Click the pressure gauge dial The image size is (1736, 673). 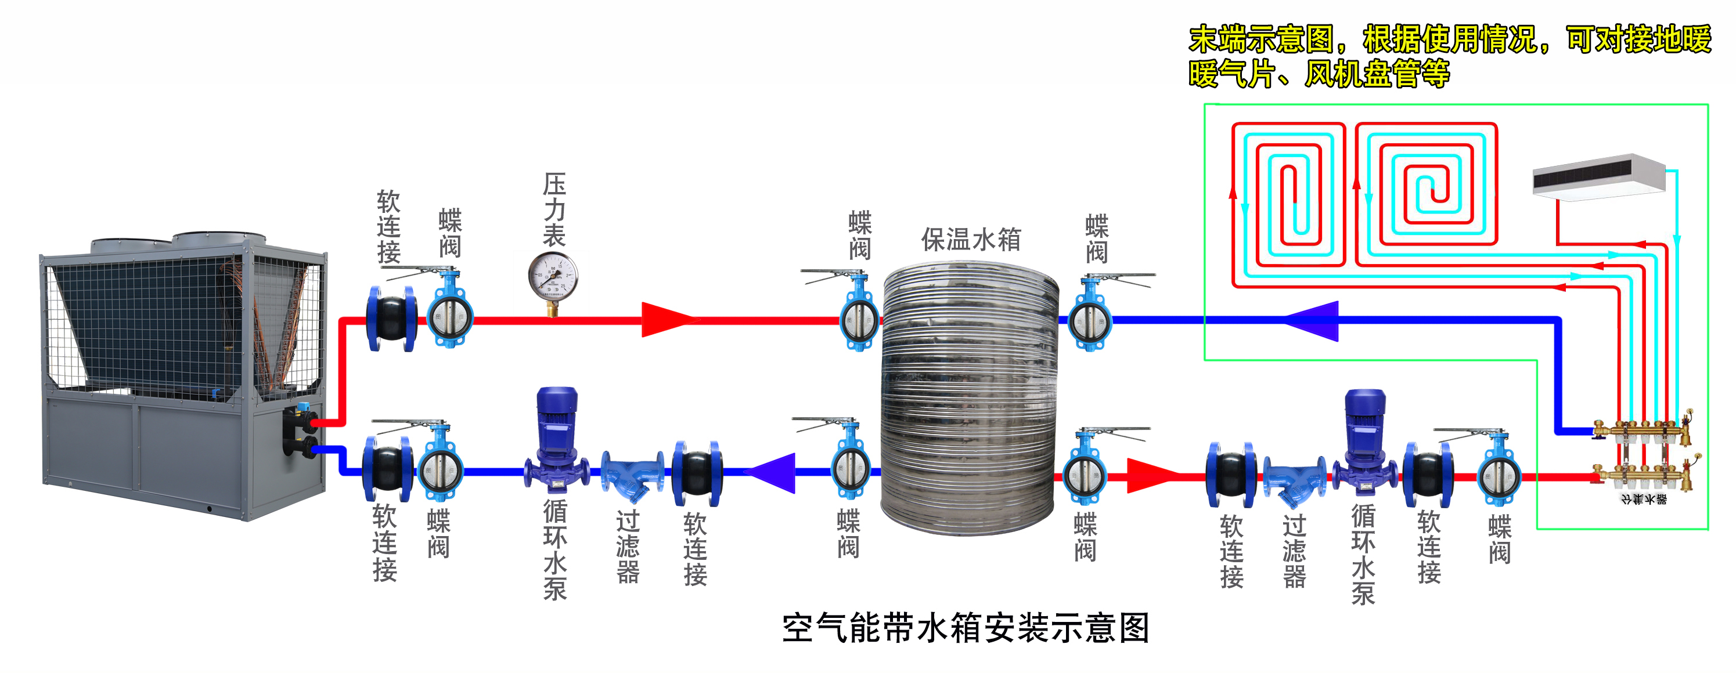click(553, 277)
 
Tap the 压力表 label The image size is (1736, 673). click(554, 210)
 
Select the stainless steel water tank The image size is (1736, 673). click(969, 397)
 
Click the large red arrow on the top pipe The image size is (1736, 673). click(667, 320)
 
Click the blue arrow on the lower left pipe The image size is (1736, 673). click(772, 472)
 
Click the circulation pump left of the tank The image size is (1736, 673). click(556, 438)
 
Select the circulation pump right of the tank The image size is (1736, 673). click(1364, 442)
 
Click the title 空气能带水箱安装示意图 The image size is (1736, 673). click(965, 628)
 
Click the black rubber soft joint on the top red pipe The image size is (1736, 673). click(391, 319)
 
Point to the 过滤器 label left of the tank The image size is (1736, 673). click(628, 547)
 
